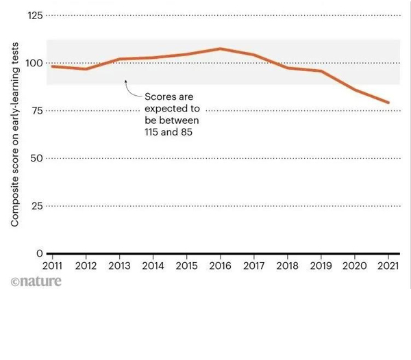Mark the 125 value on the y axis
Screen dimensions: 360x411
(x=33, y=15)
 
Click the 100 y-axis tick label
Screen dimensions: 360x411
(x=33, y=63)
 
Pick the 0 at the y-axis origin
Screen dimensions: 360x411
(x=40, y=253)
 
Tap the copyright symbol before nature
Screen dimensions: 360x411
(x=14, y=282)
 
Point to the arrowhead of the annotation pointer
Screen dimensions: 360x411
(x=125, y=82)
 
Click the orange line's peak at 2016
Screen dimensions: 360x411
(x=220, y=49)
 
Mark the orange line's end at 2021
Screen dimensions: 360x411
(x=389, y=103)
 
